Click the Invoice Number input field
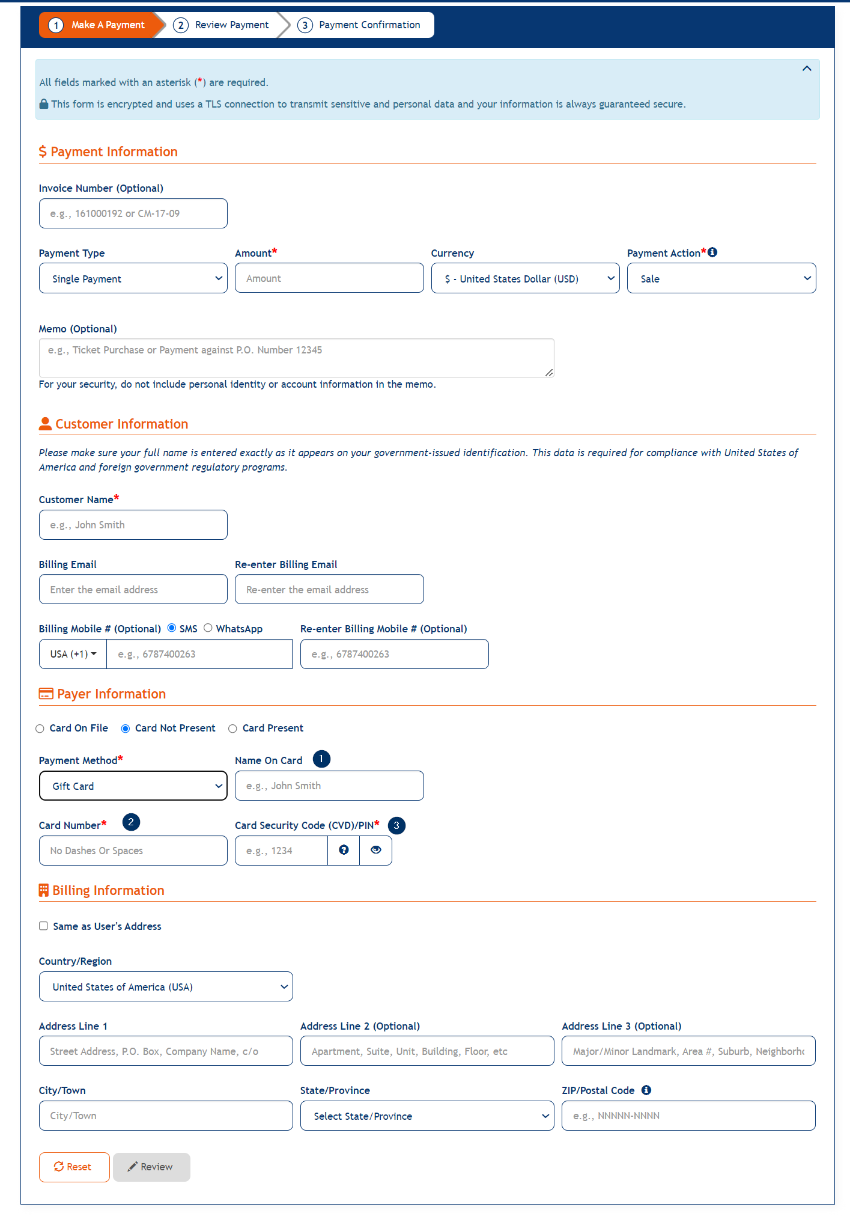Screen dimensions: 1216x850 (133, 213)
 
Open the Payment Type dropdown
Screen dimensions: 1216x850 (133, 278)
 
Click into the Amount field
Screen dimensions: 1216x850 (329, 278)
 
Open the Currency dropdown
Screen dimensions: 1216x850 (525, 278)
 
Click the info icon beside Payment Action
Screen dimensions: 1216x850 (712, 252)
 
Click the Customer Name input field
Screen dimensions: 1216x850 (133, 525)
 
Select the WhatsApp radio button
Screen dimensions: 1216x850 (208, 628)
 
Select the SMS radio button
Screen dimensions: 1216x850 (172, 628)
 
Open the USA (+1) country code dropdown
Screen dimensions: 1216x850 (73, 654)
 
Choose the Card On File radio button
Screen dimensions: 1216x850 (40, 729)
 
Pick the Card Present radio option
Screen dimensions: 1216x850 (232, 729)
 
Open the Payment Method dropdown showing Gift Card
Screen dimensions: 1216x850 (133, 786)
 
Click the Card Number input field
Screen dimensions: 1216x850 (133, 851)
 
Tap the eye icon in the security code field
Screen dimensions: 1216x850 (376, 850)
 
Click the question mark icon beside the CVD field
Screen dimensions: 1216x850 (344, 850)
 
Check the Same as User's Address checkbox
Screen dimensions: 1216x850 (44, 926)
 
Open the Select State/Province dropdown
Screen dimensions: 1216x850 (427, 1116)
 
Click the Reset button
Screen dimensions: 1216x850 (74, 1167)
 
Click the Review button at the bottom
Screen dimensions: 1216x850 (151, 1167)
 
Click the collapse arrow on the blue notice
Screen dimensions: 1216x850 (807, 69)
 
